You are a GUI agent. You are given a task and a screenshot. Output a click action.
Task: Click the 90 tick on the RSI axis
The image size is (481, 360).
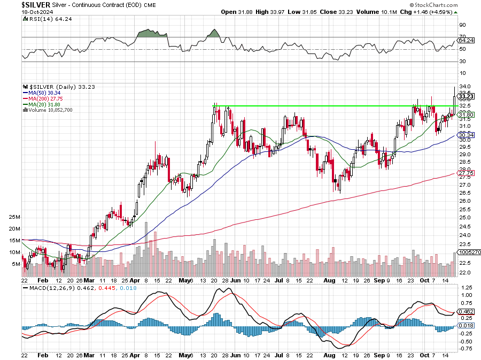coord(462,25)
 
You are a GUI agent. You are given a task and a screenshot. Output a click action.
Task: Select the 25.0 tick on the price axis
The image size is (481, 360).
coord(464,217)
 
